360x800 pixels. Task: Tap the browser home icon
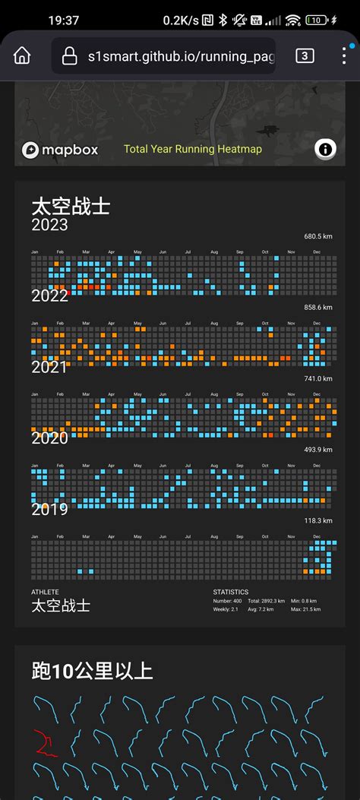coord(22,55)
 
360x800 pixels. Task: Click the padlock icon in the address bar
coord(69,55)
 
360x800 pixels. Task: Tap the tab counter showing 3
coord(305,55)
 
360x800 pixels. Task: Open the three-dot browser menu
coord(343,55)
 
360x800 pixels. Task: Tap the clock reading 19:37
coord(63,20)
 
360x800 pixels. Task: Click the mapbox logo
coord(60,150)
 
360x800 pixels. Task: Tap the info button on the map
coord(326,150)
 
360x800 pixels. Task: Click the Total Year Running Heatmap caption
coord(193,150)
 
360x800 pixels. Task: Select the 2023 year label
coord(49,225)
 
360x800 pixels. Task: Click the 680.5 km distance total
coord(317,236)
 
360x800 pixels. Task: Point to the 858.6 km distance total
coord(317,307)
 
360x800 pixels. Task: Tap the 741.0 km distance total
coord(317,378)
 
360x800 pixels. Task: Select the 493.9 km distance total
coord(317,450)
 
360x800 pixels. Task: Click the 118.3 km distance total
coord(317,520)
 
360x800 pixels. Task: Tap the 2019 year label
coord(49,509)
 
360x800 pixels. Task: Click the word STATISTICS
coord(231,592)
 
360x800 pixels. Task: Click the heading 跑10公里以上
coord(92,671)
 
